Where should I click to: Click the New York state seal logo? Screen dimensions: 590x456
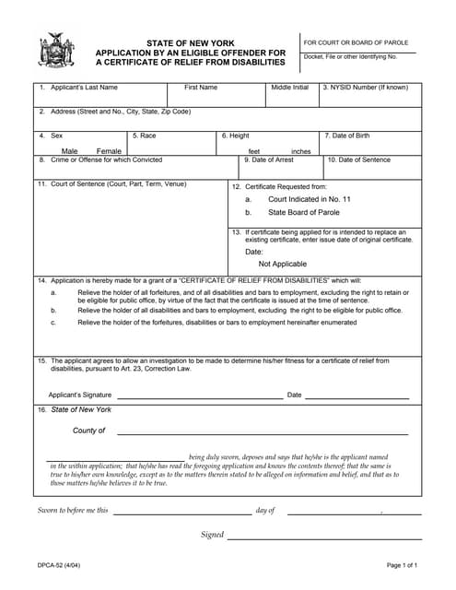pyautogui.click(x=56, y=50)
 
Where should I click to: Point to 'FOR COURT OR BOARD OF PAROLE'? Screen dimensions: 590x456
pyautogui.click(x=356, y=42)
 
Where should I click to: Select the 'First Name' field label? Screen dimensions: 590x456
pyautogui.click(x=201, y=88)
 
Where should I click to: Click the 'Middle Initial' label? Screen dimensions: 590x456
pyautogui.click(x=289, y=88)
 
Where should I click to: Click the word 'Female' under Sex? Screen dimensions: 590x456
pyautogui.click(x=109, y=151)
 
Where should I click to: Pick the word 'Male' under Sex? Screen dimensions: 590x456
pyautogui.click(x=70, y=151)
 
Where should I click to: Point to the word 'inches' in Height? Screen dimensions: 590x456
pyautogui.click(x=301, y=151)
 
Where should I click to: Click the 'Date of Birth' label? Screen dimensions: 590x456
pyautogui.click(x=355, y=136)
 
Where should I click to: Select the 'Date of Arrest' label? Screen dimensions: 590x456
pyautogui.click(x=271, y=159)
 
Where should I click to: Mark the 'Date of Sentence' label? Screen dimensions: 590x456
pyautogui.click(x=362, y=159)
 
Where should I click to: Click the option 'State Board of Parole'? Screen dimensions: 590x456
pyautogui.click(x=303, y=212)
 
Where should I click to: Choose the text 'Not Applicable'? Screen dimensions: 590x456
pyautogui.click(x=283, y=264)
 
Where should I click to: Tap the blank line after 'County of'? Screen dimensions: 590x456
pyautogui.click(x=262, y=432)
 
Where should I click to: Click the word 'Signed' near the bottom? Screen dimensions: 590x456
pyautogui.click(x=212, y=535)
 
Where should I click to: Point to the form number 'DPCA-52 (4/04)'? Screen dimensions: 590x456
pyautogui.click(x=58, y=565)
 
